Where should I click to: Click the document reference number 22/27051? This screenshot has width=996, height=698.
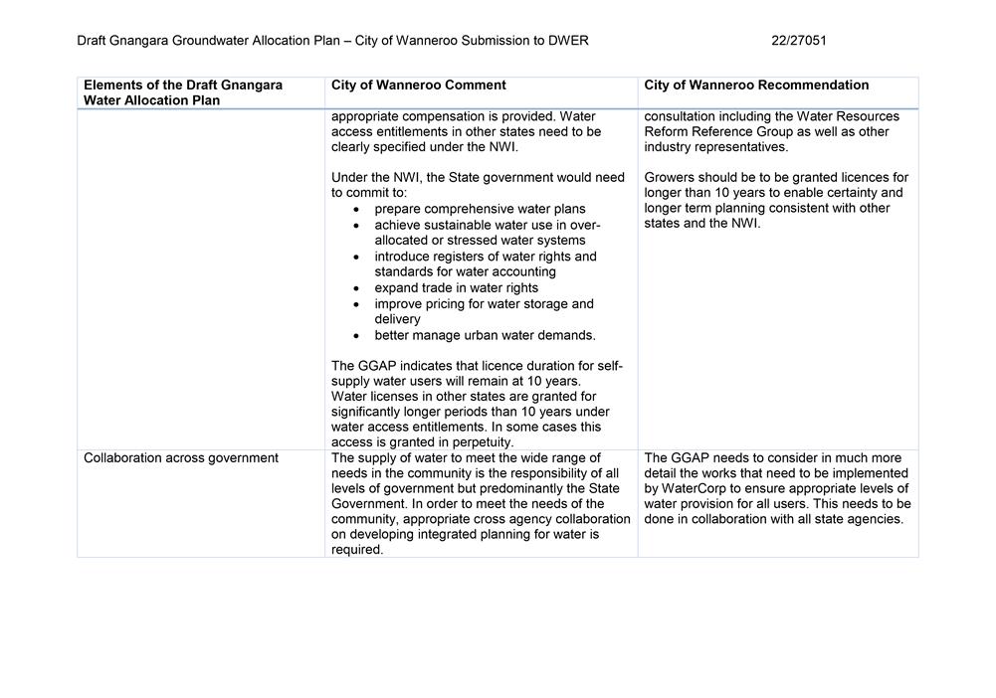(798, 41)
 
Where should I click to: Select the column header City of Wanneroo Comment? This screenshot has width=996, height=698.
(418, 86)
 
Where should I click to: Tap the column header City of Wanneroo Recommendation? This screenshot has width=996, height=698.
(756, 86)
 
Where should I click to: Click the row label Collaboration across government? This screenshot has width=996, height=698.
(181, 458)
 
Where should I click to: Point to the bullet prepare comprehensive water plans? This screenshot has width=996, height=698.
(480, 209)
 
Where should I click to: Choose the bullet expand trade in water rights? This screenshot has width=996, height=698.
(456, 288)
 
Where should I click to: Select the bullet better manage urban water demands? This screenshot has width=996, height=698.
(485, 335)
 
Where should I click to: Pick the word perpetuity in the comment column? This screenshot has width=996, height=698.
(481, 442)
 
